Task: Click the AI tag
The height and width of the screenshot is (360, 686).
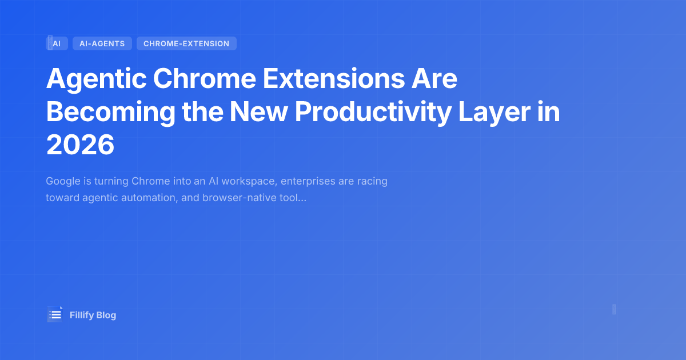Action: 57,43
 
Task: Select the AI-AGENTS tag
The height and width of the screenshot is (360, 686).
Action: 102,43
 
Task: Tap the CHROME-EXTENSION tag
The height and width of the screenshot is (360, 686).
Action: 186,43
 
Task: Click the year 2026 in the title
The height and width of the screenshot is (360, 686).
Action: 81,146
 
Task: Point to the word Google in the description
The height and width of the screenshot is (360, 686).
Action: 62,181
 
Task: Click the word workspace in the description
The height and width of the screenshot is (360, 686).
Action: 250,181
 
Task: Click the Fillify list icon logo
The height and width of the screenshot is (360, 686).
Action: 55,315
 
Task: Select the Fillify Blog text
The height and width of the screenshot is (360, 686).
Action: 93,315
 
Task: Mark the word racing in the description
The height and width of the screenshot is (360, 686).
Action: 373,181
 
